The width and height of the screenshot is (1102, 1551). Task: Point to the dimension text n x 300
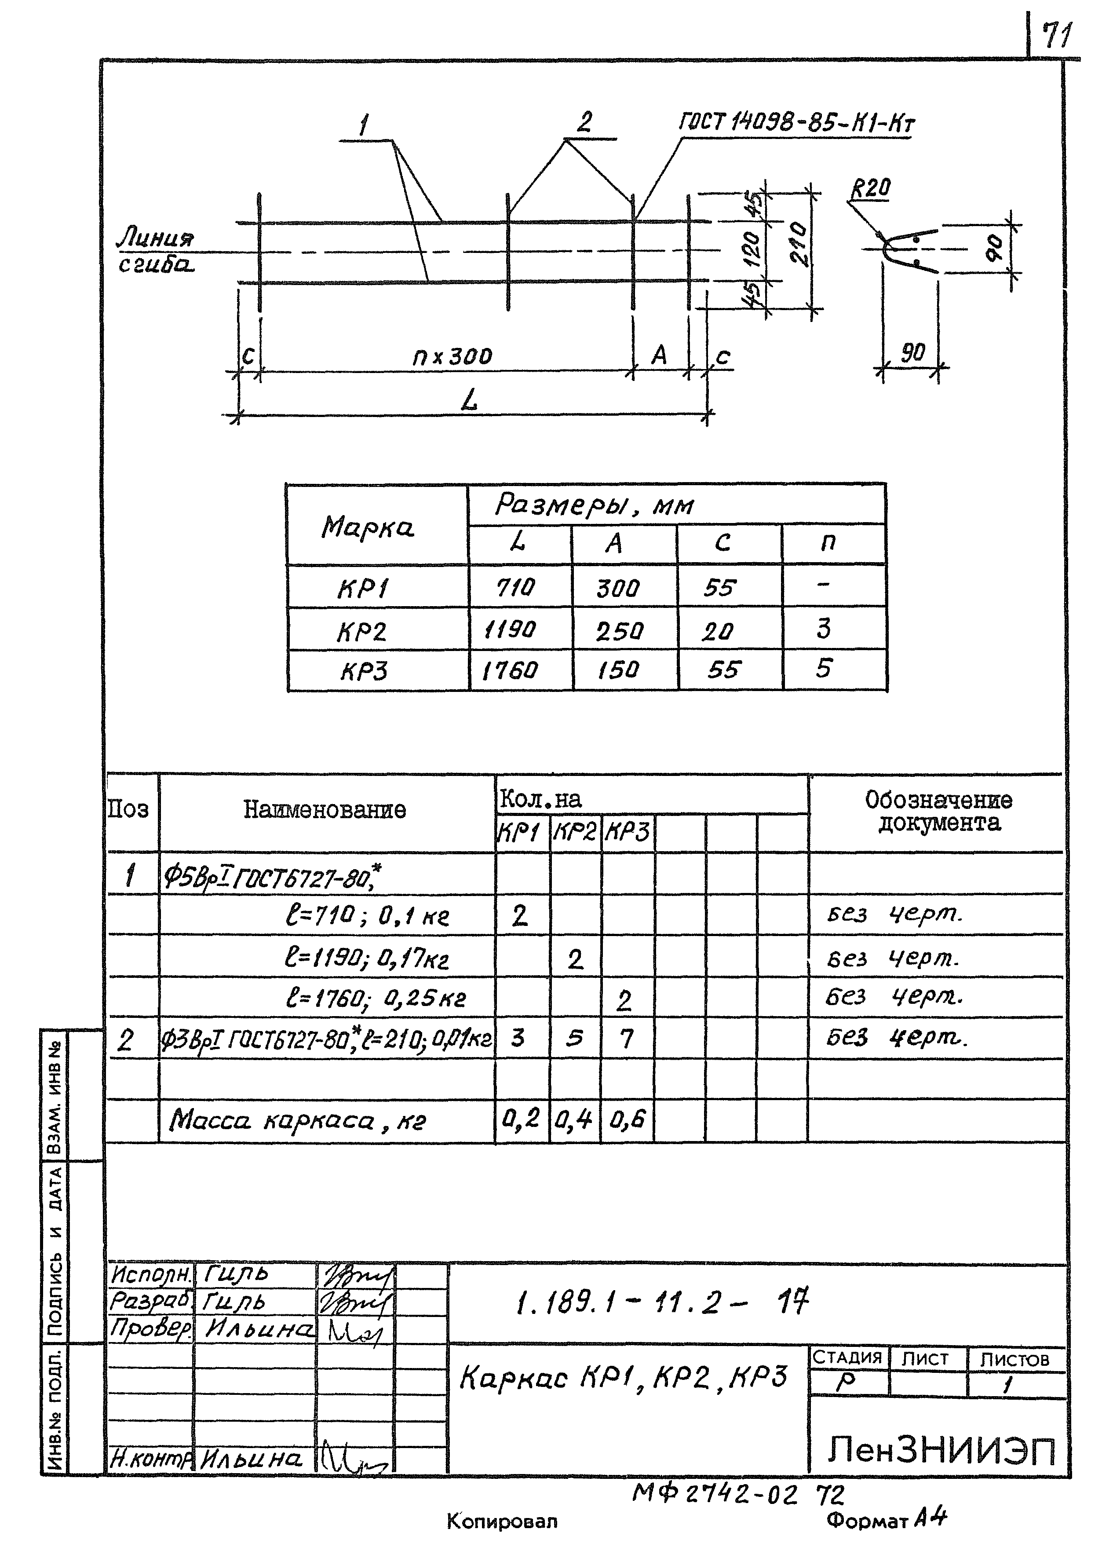[x=452, y=356]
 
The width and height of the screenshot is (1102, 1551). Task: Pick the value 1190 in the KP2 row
[x=510, y=630]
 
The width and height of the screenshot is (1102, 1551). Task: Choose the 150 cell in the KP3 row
[x=618, y=670]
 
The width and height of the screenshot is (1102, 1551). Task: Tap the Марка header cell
[x=367, y=527]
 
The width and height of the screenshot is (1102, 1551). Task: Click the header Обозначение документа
[x=938, y=811]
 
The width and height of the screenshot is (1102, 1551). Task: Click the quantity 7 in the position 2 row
[x=626, y=1039]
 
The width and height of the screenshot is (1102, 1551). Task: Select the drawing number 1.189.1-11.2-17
[x=662, y=1301]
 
